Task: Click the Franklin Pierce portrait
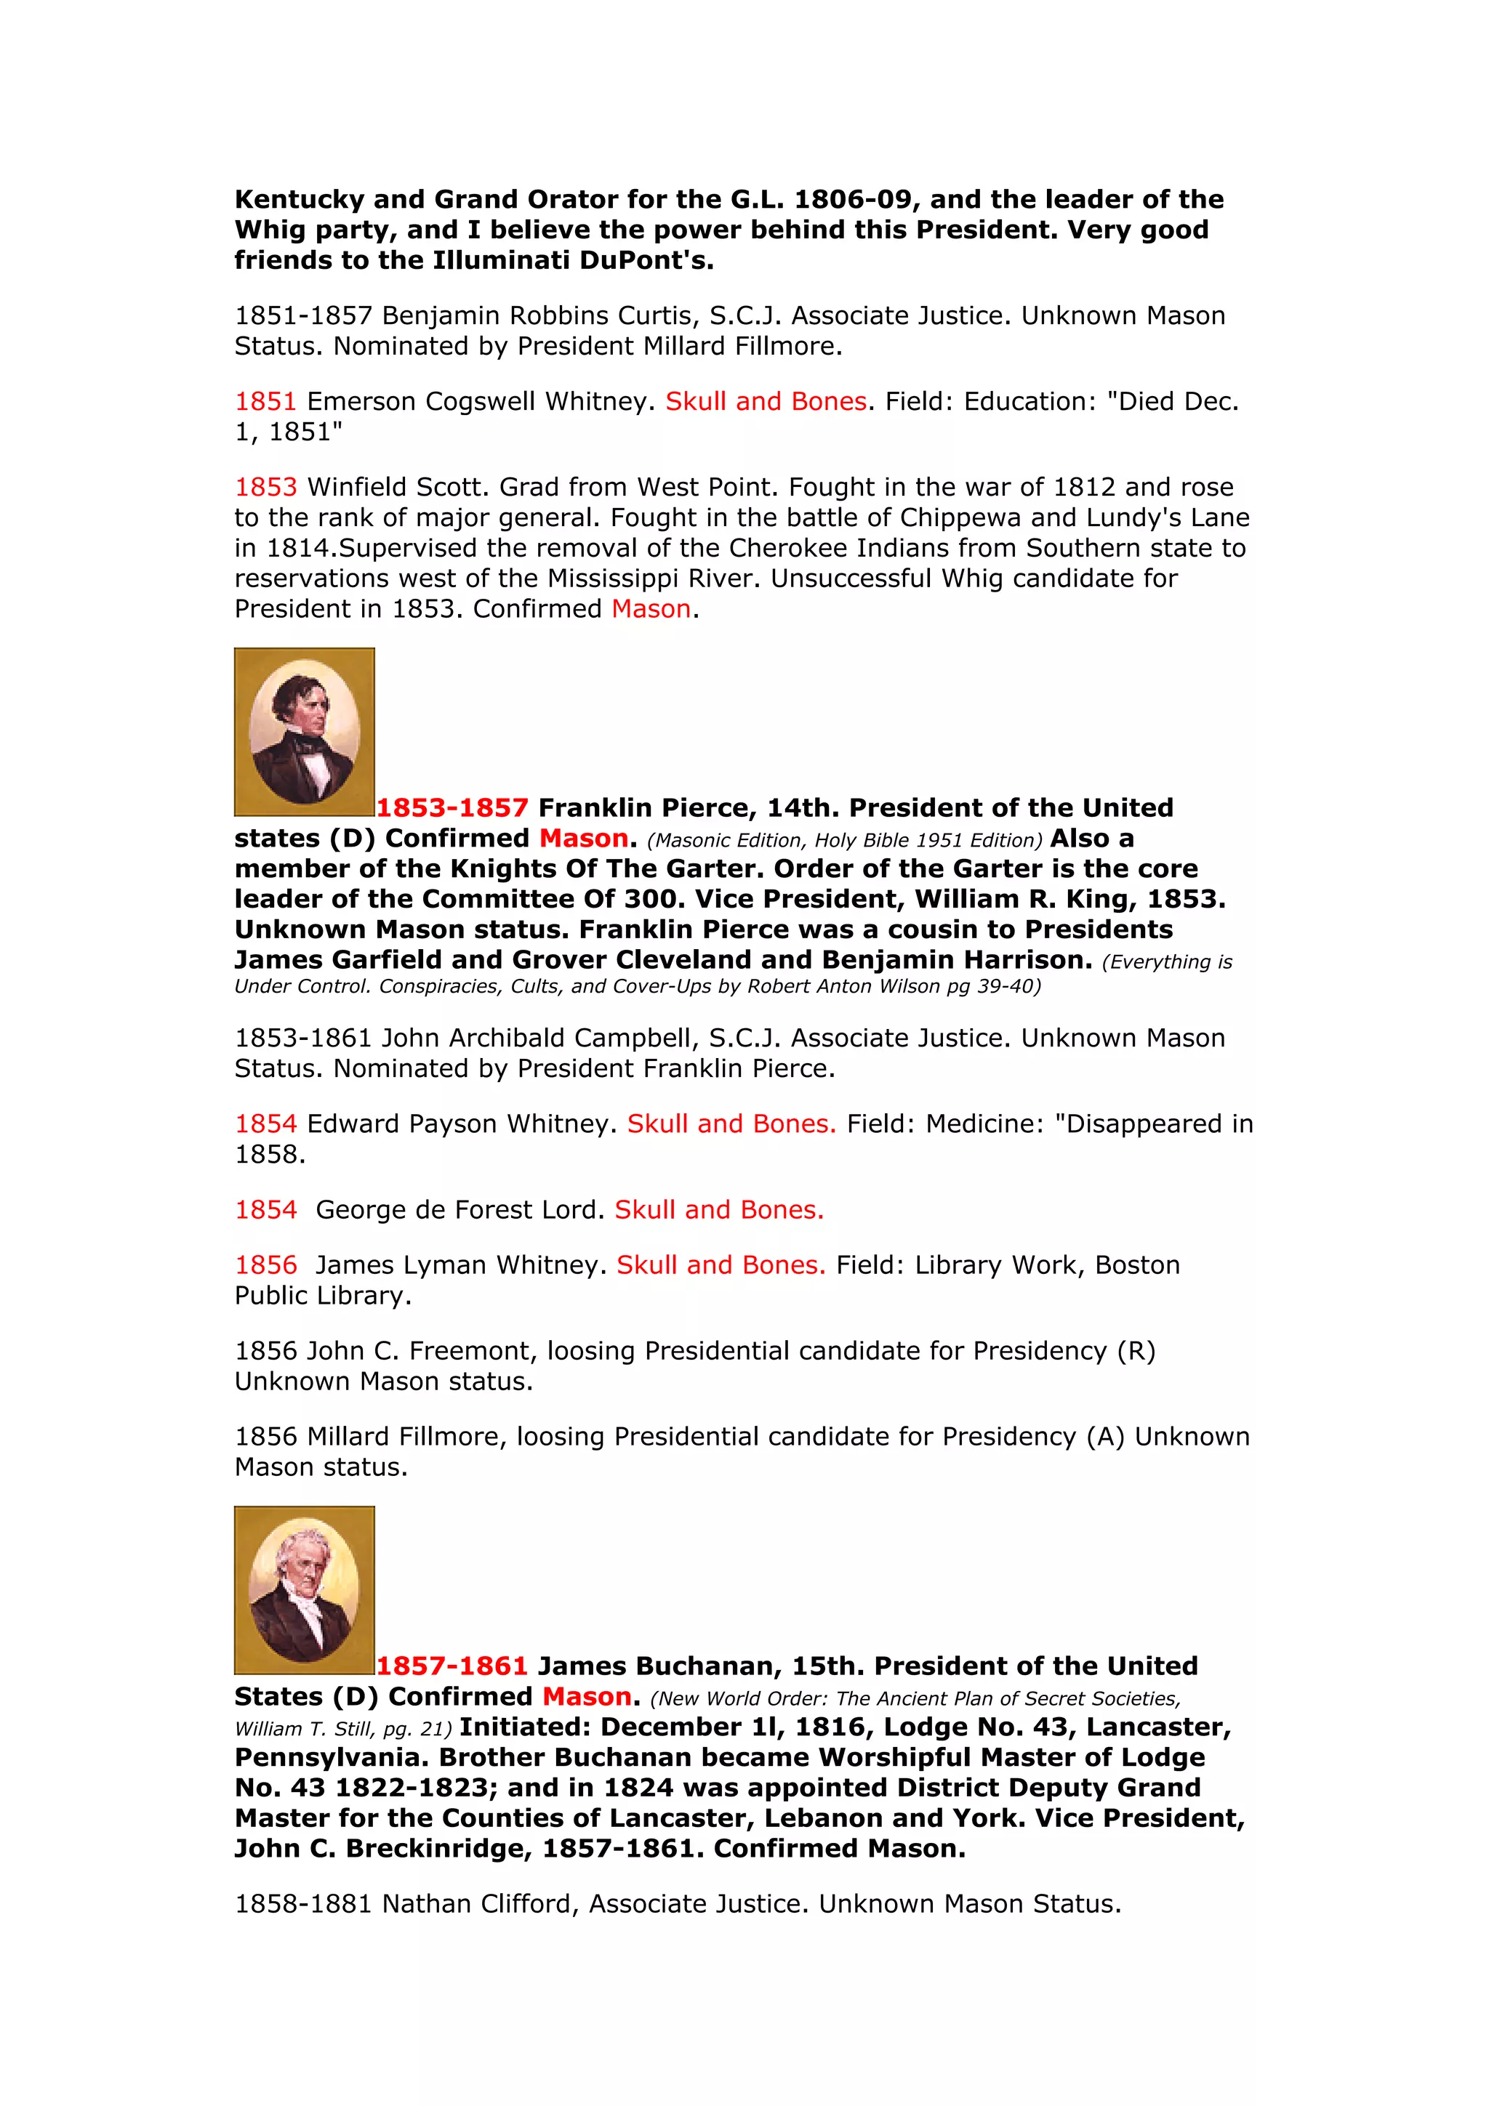pyautogui.click(x=304, y=731)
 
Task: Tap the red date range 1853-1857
pyautogui.click(x=452, y=808)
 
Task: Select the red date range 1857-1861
pyautogui.click(x=451, y=1666)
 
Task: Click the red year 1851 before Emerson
pyautogui.click(x=265, y=402)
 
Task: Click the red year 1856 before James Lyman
pyautogui.click(x=266, y=1266)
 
